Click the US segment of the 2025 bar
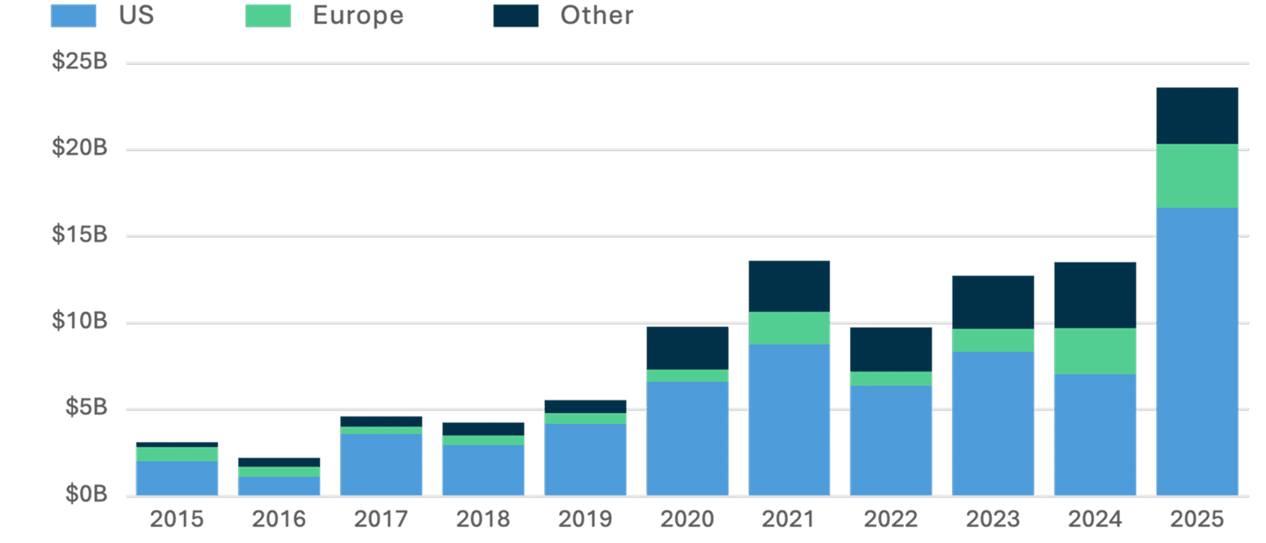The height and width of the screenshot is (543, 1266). pos(1197,351)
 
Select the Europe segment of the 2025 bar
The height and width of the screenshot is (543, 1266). pos(1197,176)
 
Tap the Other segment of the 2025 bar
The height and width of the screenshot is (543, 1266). pos(1197,115)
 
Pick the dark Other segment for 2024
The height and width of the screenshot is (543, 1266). pos(1095,294)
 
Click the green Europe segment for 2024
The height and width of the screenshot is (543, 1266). pos(1095,351)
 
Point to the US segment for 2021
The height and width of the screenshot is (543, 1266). pos(789,419)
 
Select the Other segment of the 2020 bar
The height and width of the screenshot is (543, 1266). pos(688,347)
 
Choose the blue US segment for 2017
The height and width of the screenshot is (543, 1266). pos(382,464)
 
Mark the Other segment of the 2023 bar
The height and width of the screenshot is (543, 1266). pos(993,301)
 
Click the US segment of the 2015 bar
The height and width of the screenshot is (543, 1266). pos(178,478)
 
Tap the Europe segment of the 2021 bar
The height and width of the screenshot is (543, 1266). pos(789,328)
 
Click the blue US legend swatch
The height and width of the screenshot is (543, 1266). pos(73,16)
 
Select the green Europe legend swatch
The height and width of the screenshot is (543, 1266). pos(268,16)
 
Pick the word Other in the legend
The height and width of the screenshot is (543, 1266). pos(596,16)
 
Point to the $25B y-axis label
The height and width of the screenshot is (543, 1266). pos(79,62)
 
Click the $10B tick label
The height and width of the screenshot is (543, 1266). pos(79,322)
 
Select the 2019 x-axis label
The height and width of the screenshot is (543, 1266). pos(585,519)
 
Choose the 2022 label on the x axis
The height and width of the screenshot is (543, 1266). pos(891,519)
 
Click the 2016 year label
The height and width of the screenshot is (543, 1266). pos(279,519)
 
